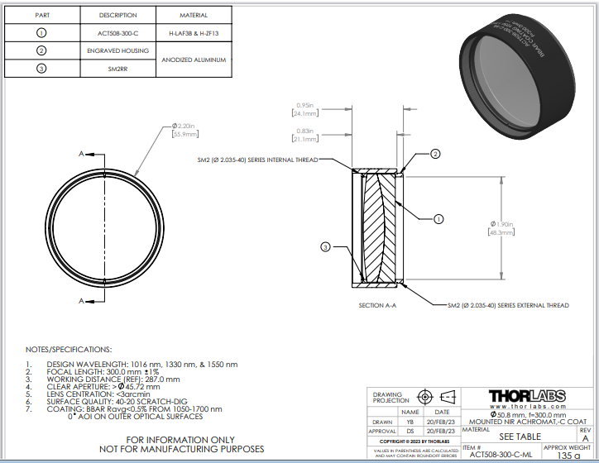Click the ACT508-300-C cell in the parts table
(117, 32)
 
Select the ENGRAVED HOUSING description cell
(117, 50)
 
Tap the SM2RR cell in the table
(117, 69)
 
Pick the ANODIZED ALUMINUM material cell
(194, 60)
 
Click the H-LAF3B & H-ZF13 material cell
(194, 32)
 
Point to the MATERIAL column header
(194, 15)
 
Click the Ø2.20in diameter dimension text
(187, 126)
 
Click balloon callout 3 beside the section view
(325, 246)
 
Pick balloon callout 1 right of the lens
(439, 219)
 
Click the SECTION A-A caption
(377, 306)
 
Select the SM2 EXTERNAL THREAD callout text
(508, 305)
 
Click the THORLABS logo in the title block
(527, 396)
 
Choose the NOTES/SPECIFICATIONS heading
(69, 350)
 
